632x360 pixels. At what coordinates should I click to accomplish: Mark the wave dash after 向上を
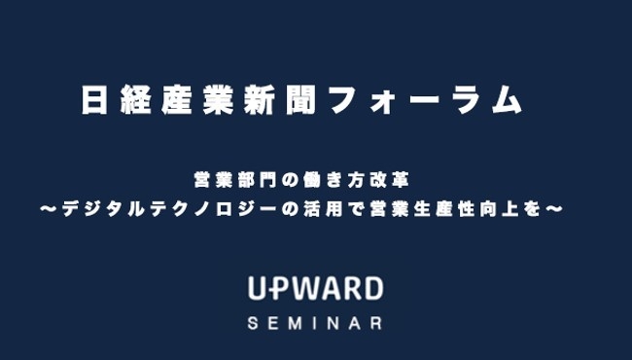[x=555, y=207]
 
